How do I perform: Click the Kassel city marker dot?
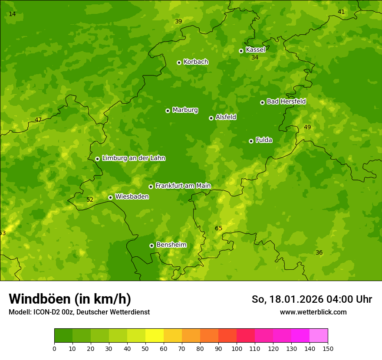point(241,51)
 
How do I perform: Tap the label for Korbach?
point(196,62)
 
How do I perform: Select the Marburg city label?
point(185,110)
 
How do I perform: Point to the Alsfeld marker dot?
point(211,118)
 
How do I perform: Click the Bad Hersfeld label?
point(286,101)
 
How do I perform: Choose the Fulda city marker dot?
point(251,141)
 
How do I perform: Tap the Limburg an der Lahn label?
point(133,158)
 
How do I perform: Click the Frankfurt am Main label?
point(183,186)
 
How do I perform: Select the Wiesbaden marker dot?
point(110,197)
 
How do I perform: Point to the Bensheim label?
point(171,245)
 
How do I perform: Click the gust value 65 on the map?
point(218,229)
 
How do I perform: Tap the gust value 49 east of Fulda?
point(307,128)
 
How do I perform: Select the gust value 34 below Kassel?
point(255,58)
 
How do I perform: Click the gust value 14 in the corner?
point(12,14)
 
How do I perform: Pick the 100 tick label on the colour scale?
point(237,348)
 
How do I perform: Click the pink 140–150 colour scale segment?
point(319,336)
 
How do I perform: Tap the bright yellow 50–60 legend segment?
point(155,336)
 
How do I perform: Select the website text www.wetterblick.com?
point(313,312)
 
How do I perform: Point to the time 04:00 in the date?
point(333,299)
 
